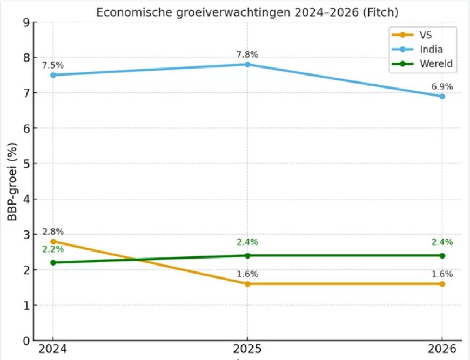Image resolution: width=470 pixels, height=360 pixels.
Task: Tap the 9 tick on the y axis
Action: (26, 23)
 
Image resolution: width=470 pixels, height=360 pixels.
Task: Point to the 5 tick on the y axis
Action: (26, 164)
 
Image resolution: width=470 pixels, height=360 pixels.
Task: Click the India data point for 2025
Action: (247, 64)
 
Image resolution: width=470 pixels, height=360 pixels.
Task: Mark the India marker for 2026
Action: (442, 96)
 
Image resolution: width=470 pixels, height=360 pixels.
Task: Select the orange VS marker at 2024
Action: (52, 241)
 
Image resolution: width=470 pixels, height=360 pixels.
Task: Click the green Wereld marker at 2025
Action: (247, 255)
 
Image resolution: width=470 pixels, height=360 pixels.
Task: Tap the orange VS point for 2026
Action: (442, 284)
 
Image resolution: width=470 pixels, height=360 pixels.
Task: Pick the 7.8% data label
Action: (247, 55)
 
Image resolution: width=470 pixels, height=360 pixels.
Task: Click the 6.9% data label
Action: (442, 86)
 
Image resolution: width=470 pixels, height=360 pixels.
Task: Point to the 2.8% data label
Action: (52, 232)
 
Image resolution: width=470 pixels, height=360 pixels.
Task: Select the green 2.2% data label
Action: (52, 249)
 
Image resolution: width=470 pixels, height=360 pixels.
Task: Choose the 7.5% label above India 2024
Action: (52, 65)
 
